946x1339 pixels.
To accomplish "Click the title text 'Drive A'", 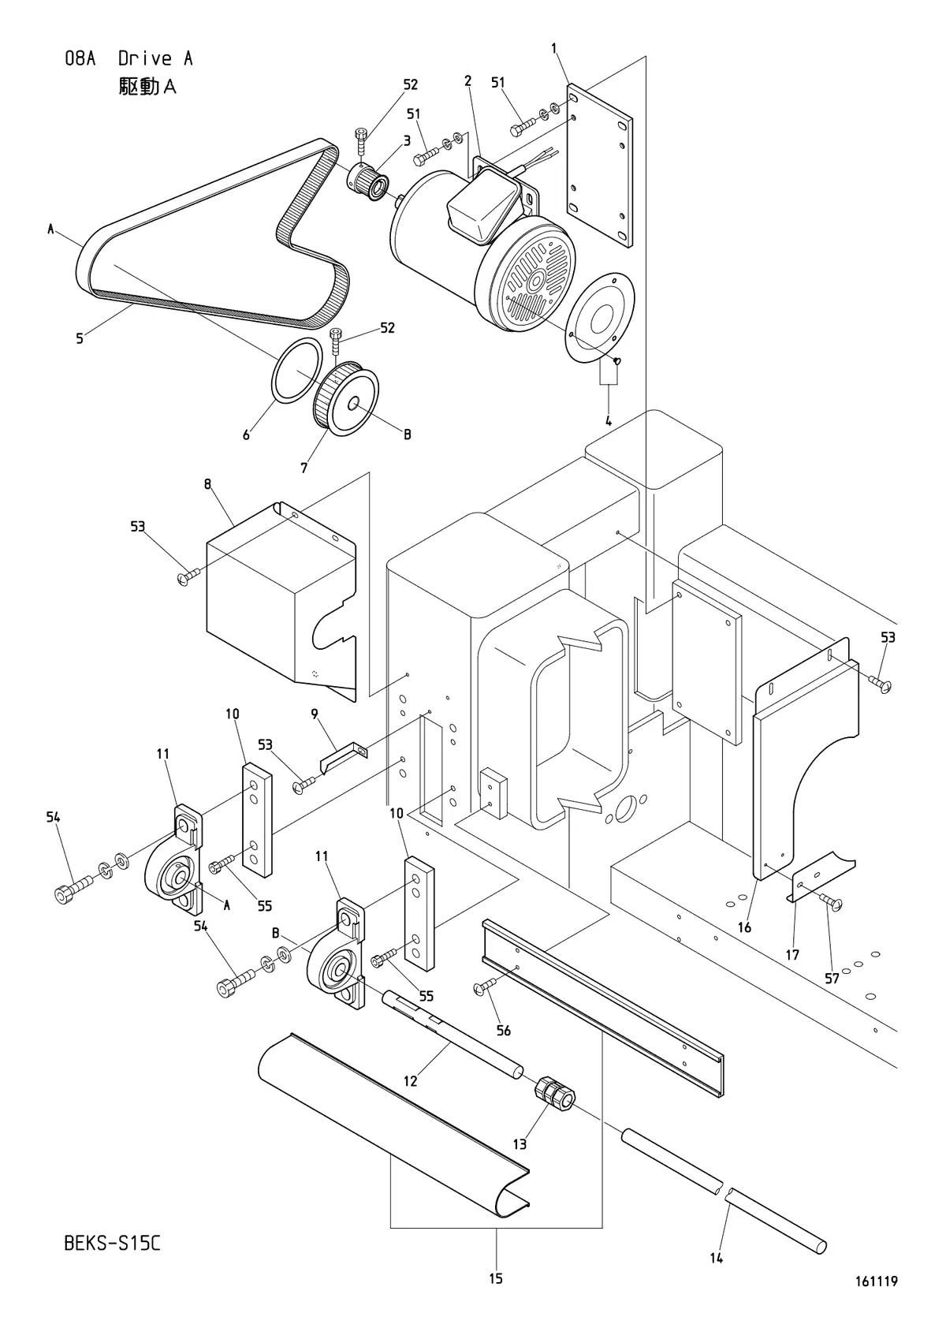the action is click(155, 58).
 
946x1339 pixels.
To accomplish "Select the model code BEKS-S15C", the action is click(113, 1244).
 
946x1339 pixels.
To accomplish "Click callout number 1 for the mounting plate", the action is click(554, 48).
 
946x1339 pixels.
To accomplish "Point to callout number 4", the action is click(609, 421).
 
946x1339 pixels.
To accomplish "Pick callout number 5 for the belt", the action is click(80, 339).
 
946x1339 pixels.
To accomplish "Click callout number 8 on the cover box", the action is click(207, 483).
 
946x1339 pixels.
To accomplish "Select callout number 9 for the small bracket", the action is click(315, 714).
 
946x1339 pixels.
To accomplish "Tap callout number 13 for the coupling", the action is click(520, 1143).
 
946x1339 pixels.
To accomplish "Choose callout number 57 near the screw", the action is click(832, 979).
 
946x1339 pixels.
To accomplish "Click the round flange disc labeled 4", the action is click(599, 318).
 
